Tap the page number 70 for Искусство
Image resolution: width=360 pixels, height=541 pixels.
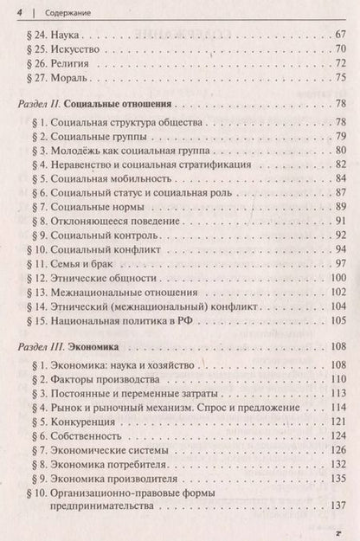click(x=340, y=49)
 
